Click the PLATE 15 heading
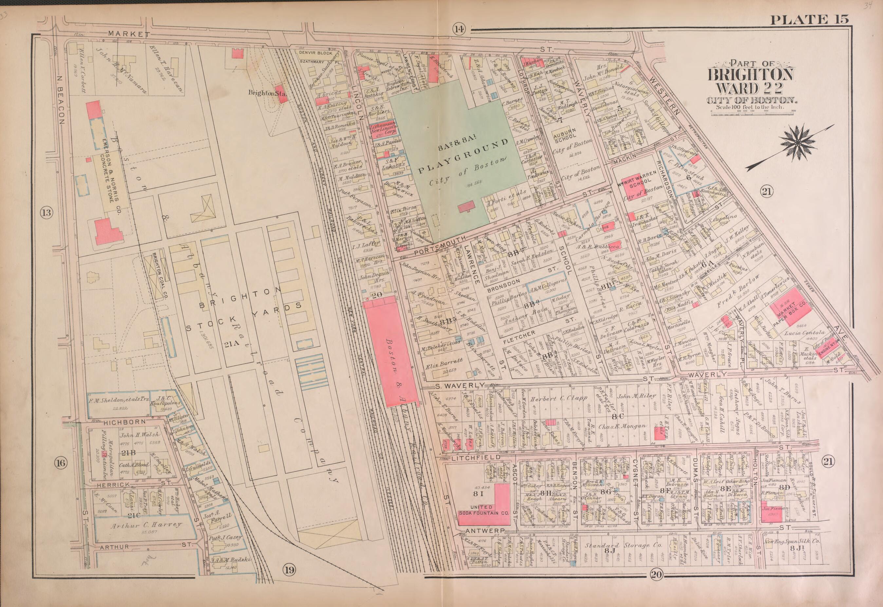(809, 19)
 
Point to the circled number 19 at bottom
(289, 570)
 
